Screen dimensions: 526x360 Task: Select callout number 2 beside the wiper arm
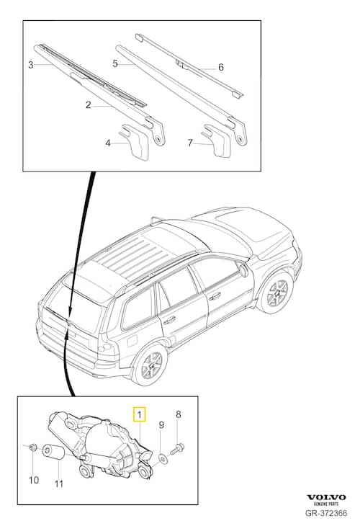click(x=88, y=105)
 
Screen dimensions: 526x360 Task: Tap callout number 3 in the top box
click(x=31, y=66)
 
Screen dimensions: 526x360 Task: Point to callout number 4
click(x=108, y=143)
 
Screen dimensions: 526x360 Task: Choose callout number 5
click(x=114, y=63)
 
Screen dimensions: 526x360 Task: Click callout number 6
click(x=220, y=68)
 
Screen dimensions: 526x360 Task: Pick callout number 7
click(x=190, y=143)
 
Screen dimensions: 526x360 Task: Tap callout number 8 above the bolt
click(x=179, y=414)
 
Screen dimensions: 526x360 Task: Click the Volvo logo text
click(x=327, y=497)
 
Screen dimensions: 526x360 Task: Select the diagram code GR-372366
click(x=325, y=514)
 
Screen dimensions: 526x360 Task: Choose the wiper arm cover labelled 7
click(x=217, y=140)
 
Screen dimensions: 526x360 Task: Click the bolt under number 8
click(x=179, y=447)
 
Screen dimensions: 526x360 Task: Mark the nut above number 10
click(x=32, y=450)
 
